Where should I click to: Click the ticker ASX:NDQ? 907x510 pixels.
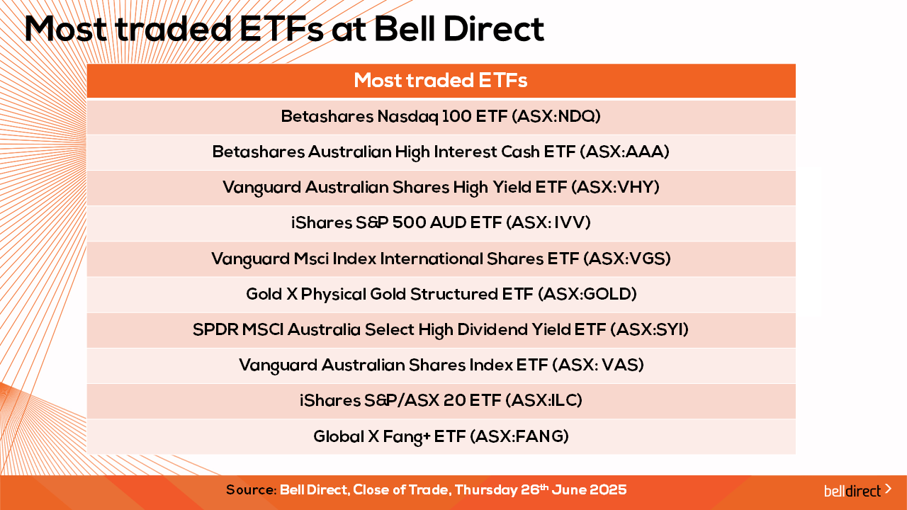click(556, 117)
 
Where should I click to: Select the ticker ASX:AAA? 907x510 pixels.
click(624, 152)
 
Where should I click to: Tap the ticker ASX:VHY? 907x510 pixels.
click(616, 188)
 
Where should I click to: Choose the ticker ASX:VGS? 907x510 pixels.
click(627, 259)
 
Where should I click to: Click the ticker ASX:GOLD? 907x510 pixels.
click(588, 294)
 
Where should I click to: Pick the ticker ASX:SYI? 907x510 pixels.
click(650, 330)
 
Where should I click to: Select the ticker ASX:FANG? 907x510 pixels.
click(519, 436)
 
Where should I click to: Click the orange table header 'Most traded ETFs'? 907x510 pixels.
click(441, 80)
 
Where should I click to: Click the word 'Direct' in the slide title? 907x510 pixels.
click(494, 29)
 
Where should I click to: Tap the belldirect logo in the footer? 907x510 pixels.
click(857, 490)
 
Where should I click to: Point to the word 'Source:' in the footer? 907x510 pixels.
click(251, 490)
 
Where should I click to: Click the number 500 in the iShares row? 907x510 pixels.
click(409, 222)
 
